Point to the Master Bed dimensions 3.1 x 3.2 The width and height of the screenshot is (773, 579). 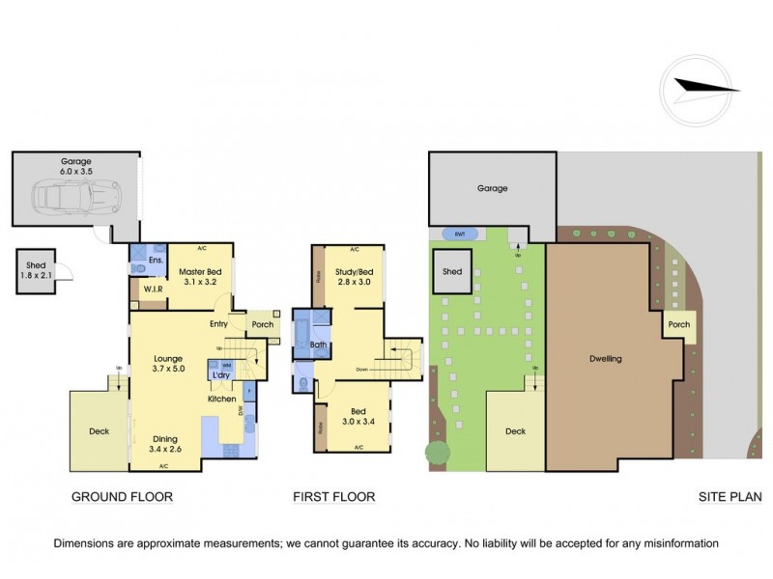(201, 284)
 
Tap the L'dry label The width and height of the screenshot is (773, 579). (220, 374)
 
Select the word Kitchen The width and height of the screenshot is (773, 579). (222, 398)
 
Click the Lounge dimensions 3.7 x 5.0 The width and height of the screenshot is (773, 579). (168, 368)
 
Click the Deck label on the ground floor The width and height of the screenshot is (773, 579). (100, 431)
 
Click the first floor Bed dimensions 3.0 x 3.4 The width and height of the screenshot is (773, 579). (358, 422)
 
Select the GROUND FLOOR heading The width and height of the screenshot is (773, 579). (123, 498)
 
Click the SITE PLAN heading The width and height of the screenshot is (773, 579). (730, 498)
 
